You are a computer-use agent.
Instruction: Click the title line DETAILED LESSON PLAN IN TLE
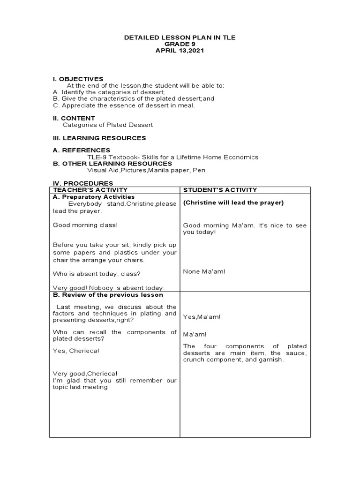point(180,37)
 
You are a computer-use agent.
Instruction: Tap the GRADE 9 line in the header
point(180,44)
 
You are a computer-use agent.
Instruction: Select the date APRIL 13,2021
point(180,51)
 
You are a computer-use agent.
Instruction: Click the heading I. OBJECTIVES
point(78,79)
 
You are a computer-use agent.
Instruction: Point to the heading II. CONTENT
point(74,118)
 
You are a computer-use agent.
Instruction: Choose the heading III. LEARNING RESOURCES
point(99,138)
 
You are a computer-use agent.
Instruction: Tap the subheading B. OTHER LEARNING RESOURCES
point(112,164)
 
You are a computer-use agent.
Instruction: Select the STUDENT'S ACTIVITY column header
point(220,190)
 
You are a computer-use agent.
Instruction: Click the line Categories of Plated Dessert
point(108,125)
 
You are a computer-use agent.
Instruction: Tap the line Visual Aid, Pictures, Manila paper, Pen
point(146,170)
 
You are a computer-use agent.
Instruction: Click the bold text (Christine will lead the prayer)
point(233,203)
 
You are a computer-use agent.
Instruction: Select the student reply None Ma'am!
point(204,271)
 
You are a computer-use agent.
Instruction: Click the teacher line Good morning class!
point(85,225)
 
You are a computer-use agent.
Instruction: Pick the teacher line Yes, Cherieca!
point(76,350)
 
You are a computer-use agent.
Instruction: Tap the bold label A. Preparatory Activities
point(94,197)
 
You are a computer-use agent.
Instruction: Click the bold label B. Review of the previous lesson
point(108,295)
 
